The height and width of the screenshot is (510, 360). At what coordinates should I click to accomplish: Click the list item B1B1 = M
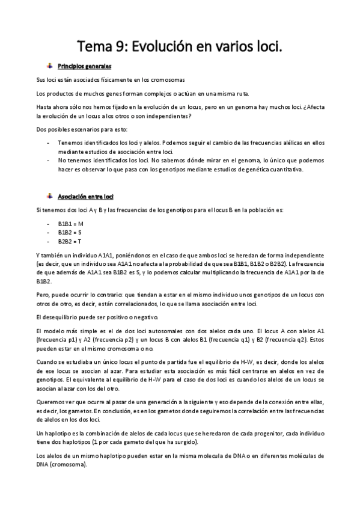70,223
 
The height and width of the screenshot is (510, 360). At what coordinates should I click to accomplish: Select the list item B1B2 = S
70,232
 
